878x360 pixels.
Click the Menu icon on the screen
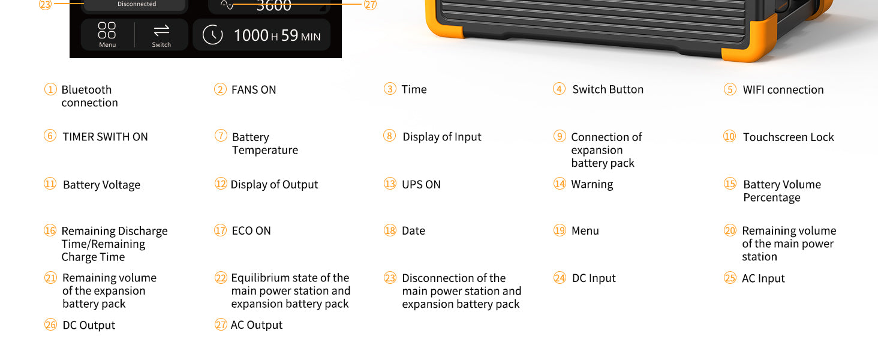pyautogui.click(x=107, y=31)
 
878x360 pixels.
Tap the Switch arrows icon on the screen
pyautogui.click(x=161, y=31)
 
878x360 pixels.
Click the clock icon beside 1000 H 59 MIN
pyautogui.click(x=213, y=35)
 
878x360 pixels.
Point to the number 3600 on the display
pyautogui.click(x=273, y=6)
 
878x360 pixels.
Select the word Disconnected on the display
pyautogui.click(x=137, y=4)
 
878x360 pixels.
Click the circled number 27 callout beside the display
pyautogui.click(x=371, y=5)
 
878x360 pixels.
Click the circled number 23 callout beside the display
pyautogui.click(x=46, y=4)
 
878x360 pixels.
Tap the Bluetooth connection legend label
pyautogui.click(x=87, y=96)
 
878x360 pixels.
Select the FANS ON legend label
pyautogui.click(x=254, y=90)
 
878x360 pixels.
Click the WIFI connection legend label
pyautogui.click(x=783, y=90)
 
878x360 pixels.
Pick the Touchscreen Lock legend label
pyautogui.click(x=788, y=137)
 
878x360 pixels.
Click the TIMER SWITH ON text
pyautogui.click(x=105, y=137)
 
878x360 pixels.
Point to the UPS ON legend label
pyautogui.click(x=421, y=185)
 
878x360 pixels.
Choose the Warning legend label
pyautogui.click(x=592, y=184)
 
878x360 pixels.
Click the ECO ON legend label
pyautogui.click(x=251, y=231)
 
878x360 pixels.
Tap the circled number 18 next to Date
pyautogui.click(x=390, y=231)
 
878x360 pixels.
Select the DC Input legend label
pyautogui.click(x=594, y=278)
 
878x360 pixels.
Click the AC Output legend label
pyautogui.click(x=257, y=325)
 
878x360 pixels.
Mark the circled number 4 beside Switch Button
pyautogui.click(x=560, y=89)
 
